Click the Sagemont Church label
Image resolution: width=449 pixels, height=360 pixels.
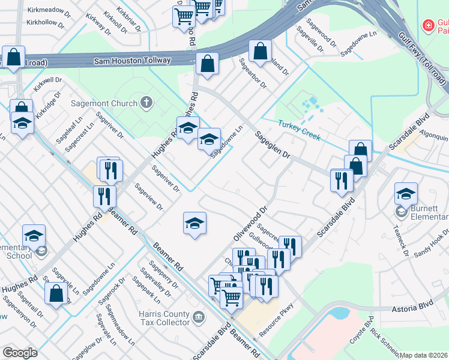click(x=104, y=103)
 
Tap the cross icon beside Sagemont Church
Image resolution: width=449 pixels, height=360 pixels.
click(x=145, y=103)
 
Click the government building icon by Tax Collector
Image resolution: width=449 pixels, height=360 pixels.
click(x=199, y=316)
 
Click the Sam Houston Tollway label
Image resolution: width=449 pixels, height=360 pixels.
click(x=133, y=61)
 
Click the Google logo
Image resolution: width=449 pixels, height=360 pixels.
click(x=20, y=353)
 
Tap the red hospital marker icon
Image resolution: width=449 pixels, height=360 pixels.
click(x=429, y=25)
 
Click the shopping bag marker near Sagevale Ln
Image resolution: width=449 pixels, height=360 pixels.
click(x=56, y=293)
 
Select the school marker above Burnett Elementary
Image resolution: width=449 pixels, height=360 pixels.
click(x=406, y=193)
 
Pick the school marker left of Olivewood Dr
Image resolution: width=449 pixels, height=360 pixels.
click(x=194, y=223)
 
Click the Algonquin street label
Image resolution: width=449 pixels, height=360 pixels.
click(x=433, y=136)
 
